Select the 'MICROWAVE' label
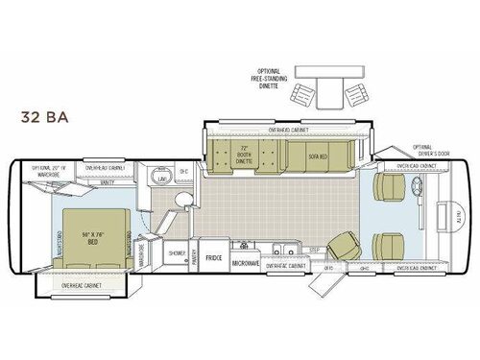246,260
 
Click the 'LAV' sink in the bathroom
163,177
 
